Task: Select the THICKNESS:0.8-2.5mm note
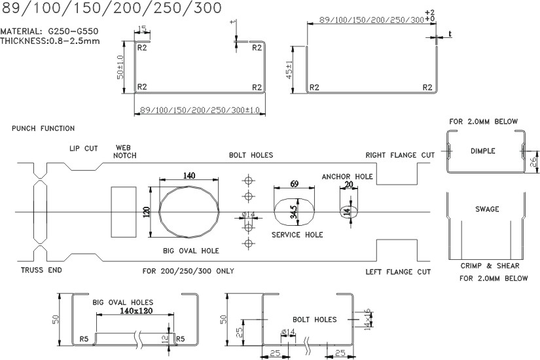(50, 41)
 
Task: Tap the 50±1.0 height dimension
(120, 67)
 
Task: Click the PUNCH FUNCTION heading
(43, 128)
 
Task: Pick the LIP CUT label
(83, 149)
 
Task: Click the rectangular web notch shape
(123, 211)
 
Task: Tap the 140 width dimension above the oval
(189, 175)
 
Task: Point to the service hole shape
(293, 211)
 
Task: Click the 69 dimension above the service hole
(294, 185)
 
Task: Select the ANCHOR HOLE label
(347, 177)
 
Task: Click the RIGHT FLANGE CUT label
(399, 155)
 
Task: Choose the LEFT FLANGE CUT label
(397, 271)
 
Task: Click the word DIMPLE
(483, 151)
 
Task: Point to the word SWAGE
(486, 209)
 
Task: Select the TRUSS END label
(41, 270)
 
